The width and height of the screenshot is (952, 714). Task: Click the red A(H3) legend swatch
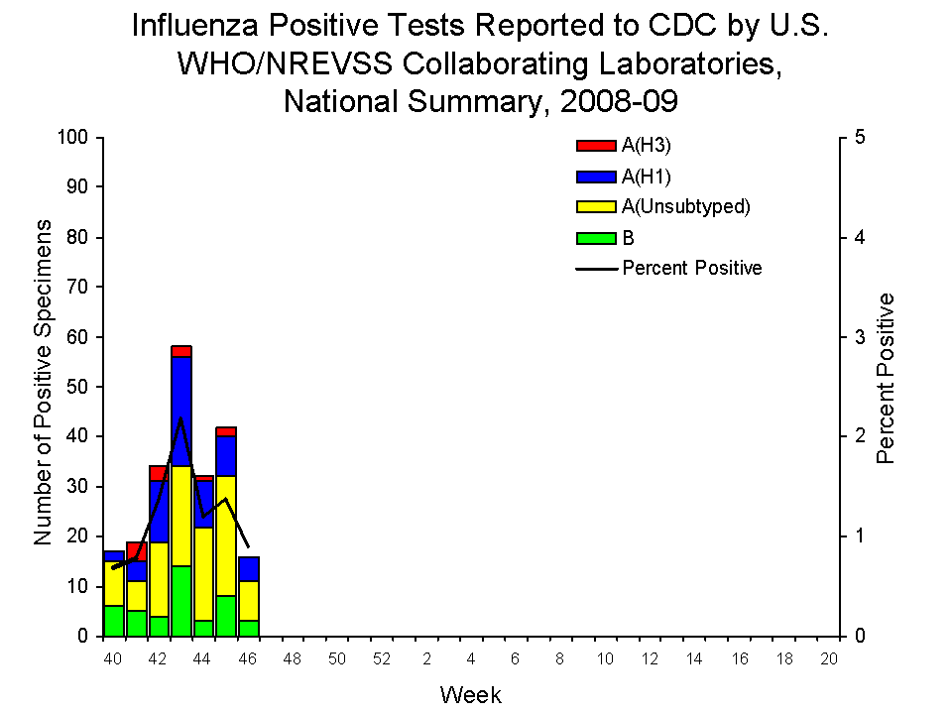pyautogui.click(x=597, y=146)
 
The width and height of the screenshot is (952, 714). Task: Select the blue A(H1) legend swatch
pyautogui.click(x=597, y=177)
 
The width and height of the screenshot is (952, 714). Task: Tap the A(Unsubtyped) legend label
pyautogui.click(x=686, y=207)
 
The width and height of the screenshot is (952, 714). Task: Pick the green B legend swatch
pyautogui.click(x=597, y=238)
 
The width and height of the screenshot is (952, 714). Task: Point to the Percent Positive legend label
pyautogui.click(x=692, y=268)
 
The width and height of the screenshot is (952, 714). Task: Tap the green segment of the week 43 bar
pyautogui.click(x=180, y=600)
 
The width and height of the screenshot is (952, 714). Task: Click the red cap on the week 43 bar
pyautogui.click(x=180, y=351)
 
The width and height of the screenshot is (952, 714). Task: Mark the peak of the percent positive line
pyautogui.click(x=180, y=418)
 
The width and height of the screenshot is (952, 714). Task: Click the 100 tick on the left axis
pyautogui.click(x=76, y=137)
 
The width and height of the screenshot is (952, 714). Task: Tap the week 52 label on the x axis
pyautogui.click(x=382, y=659)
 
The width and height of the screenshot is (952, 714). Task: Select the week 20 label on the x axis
pyautogui.click(x=830, y=659)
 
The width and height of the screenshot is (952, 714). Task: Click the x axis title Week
pyautogui.click(x=471, y=694)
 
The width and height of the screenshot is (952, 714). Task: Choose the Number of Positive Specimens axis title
pyautogui.click(x=43, y=382)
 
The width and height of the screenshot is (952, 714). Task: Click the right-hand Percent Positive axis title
pyautogui.click(x=887, y=379)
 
